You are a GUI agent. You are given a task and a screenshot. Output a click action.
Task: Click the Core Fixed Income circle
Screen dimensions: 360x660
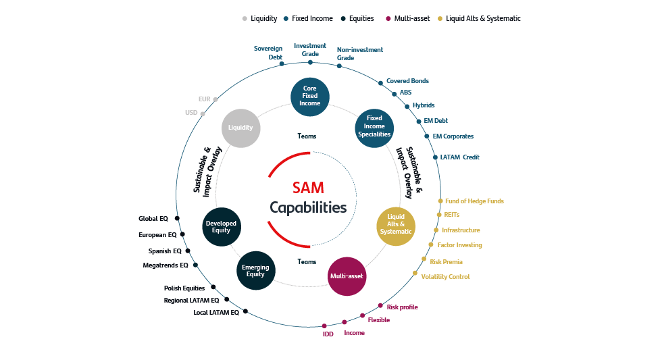pyautogui.click(x=310, y=96)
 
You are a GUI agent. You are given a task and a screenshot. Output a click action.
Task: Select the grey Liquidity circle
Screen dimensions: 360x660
pyautogui.click(x=240, y=127)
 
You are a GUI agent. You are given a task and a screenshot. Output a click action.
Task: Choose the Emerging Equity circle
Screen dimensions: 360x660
pyautogui.click(x=255, y=271)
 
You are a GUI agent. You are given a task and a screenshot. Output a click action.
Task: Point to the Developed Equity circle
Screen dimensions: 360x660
pyautogui.click(x=221, y=226)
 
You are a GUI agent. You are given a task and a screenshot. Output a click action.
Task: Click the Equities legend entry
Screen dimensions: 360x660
pyautogui.click(x=361, y=18)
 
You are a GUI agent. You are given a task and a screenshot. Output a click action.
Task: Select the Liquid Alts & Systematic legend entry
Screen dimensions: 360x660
pyautogui.click(x=482, y=18)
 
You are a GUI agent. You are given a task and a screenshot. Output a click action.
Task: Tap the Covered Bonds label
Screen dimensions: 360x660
pyautogui.click(x=407, y=81)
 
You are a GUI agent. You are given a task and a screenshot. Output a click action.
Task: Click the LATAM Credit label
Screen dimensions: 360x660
pyautogui.click(x=459, y=157)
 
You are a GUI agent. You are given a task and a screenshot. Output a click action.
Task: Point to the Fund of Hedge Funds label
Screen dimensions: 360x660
pyautogui.click(x=474, y=201)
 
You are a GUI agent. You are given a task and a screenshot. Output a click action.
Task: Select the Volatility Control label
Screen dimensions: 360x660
pyautogui.click(x=445, y=277)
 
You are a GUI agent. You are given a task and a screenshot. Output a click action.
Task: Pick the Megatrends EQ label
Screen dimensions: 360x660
pyautogui.click(x=166, y=265)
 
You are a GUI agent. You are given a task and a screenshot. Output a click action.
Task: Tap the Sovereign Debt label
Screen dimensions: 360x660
pyautogui.click(x=268, y=53)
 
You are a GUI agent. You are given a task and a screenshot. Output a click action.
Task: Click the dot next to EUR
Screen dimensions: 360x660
pyautogui.click(x=215, y=99)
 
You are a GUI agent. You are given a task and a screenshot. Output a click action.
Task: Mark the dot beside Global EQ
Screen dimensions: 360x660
pyautogui.click(x=177, y=218)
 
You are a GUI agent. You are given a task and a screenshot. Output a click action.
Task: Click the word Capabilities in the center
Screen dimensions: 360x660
pyautogui.click(x=308, y=208)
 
